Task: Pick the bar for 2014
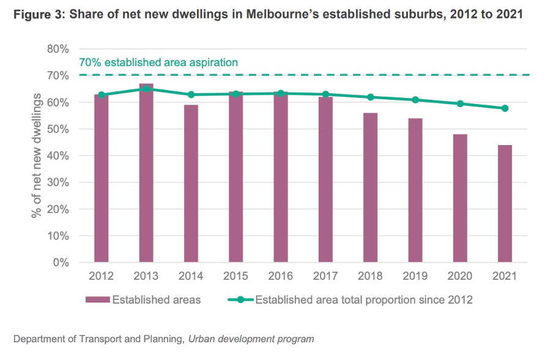[191, 184]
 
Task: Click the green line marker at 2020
[460, 103]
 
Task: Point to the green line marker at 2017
[325, 94]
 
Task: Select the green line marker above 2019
[415, 100]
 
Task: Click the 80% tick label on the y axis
[58, 49]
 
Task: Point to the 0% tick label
[61, 263]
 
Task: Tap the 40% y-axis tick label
[58, 156]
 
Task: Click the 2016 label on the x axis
[280, 276]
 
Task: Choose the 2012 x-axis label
[101, 276]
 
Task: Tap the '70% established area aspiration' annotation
[158, 62]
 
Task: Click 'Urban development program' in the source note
[251, 339]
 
